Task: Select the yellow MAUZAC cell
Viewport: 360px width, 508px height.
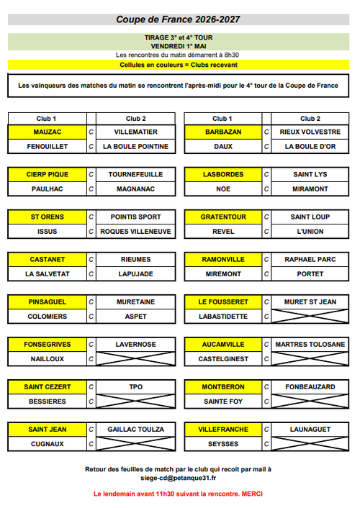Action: [x=48, y=132]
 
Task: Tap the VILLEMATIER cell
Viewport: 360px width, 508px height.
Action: [x=135, y=132]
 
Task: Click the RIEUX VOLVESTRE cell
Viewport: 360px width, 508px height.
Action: [x=310, y=132]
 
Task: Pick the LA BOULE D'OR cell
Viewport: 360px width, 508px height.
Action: [x=310, y=146]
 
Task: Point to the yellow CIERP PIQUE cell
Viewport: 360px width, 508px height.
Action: [x=48, y=175]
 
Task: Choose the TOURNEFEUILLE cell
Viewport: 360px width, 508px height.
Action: [x=135, y=175]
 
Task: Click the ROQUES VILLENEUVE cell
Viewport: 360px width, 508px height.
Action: [x=135, y=232]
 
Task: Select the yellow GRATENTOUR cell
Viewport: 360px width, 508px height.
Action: [x=223, y=217]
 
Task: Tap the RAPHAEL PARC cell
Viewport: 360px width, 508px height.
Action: [x=310, y=260]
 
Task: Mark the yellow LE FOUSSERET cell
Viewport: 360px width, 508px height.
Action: [x=223, y=302]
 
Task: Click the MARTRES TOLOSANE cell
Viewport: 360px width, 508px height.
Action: [x=310, y=345]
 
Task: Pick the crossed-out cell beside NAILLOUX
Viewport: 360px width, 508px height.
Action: [x=135, y=358]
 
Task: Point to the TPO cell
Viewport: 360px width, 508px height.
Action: [x=135, y=387]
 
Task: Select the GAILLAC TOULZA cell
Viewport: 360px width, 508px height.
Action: [x=135, y=430]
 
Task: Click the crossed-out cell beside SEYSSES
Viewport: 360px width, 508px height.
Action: [x=310, y=443]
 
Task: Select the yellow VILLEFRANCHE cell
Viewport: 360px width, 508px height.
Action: [x=223, y=430]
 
